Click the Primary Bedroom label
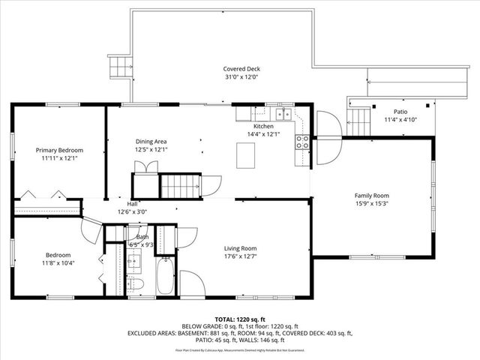tap(60, 150)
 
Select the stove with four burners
tap(303, 139)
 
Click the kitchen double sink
tap(283, 114)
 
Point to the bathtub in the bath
tap(164, 277)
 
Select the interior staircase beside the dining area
tap(182, 184)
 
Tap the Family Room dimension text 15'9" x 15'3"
tap(372, 203)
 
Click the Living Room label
tap(240, 248)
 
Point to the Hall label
tap(132, 203)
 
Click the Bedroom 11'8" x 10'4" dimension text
tap(58, 263)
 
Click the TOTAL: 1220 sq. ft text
tap(240, 319)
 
